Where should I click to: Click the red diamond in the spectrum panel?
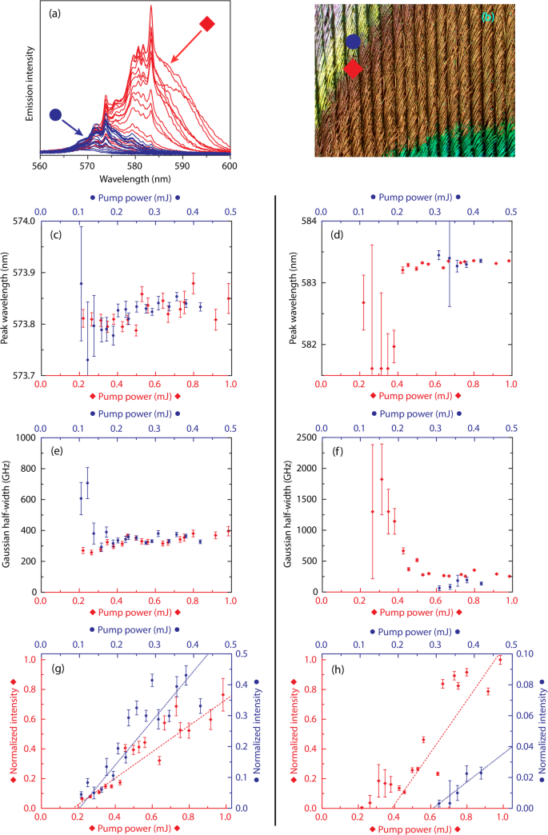pyautogui.click(x=207, y=25)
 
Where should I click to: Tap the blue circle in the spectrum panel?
pyautogui.click(x=55, y=115)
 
